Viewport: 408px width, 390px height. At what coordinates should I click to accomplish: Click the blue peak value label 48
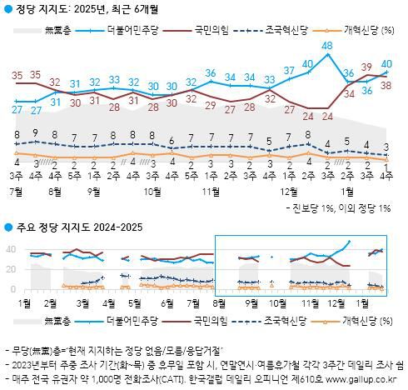pyautogui.click(x=326, y=45)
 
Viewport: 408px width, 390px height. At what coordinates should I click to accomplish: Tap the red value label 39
pyautogui.click(x=366, y=67)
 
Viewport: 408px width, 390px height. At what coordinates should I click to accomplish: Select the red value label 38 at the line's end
pyautogui.click(x=386, y=84)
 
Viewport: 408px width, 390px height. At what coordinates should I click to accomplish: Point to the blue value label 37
pyautogui.click(x=289, y=70)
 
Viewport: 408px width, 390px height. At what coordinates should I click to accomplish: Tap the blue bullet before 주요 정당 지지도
pyautogui.click(x=7, y=227)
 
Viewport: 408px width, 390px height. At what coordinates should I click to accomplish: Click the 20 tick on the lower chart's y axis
pyautogui.click(x=11, y=269)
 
